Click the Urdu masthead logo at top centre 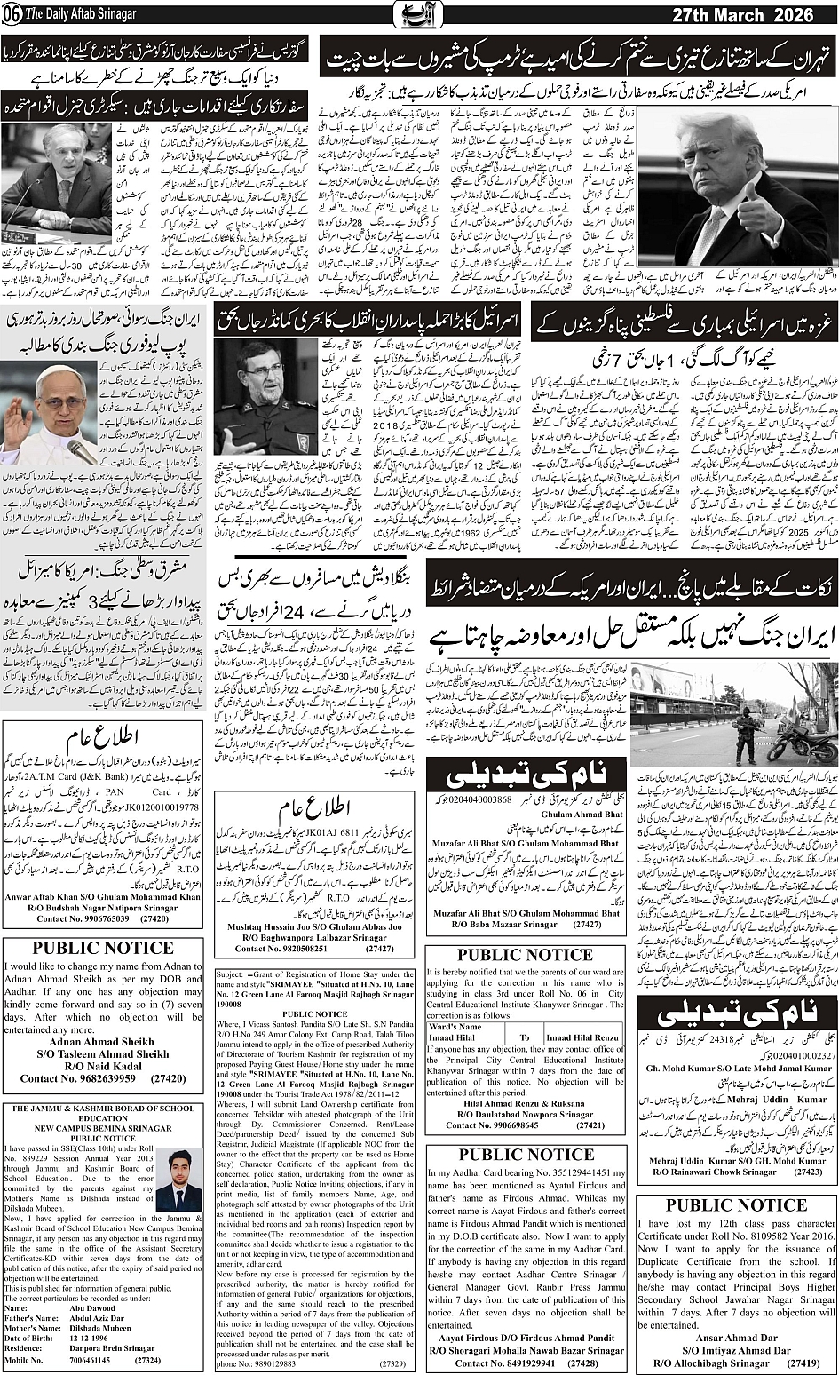pos(418,15)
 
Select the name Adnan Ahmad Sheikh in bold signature pos(102,1041)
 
